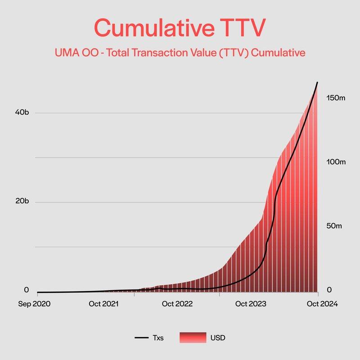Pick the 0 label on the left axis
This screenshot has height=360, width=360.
click(x=27, y=290)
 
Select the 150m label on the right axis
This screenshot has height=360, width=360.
click(x=335, y=98)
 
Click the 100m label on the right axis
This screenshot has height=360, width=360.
click(x=335, y=162)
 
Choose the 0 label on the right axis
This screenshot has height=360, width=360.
click(x=328, y=290)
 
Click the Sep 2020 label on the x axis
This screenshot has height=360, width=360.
click(x=34, y=304)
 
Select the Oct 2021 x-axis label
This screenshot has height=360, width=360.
click(x=103, y=304)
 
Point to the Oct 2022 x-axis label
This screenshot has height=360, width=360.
click(x=177, y=304)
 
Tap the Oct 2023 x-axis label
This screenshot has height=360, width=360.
click(x=251, y=304)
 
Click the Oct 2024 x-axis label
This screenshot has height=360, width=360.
click(x=322, y=304)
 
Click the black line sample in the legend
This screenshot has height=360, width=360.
click(x=142, y=337)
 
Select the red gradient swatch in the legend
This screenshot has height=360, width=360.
click(x=193, y=337)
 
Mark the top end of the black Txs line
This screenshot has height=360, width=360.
click(x=318, y=82)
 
